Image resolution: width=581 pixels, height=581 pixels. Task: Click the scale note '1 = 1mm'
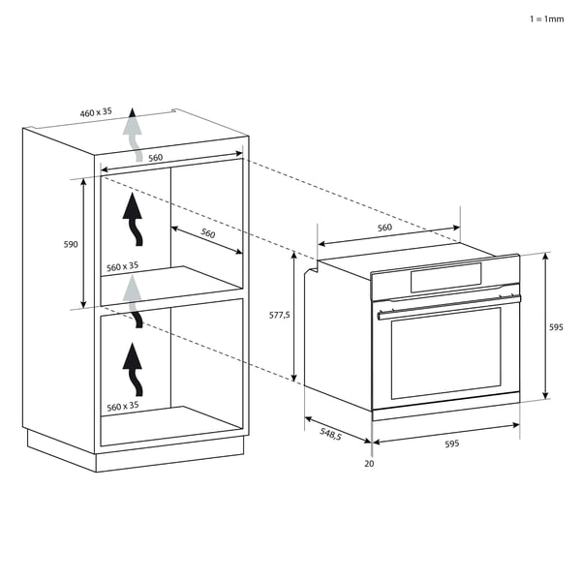coord(546,19)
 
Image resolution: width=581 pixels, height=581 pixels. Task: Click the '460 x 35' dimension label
coord(96,112)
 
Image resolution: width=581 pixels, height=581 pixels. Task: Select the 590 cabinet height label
coord(71,244)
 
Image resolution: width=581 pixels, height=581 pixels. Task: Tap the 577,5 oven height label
coord(280,315)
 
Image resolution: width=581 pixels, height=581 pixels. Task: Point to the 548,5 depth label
coord(330,433)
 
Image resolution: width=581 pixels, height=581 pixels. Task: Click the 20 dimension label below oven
coord(369,464)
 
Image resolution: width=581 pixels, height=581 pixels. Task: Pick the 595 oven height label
coord(556,327)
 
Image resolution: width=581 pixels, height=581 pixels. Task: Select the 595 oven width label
coord(451,443)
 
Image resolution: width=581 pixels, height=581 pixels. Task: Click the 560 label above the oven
coord(384,228)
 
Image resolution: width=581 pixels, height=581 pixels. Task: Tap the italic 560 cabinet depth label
coord(208,233)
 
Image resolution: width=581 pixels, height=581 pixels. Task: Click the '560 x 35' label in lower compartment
coord(123,407)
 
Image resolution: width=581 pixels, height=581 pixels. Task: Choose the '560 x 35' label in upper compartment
coord(122,266)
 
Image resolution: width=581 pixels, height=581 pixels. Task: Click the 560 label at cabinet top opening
coord(156,158)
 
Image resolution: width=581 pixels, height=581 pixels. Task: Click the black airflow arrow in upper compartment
coord(133,219)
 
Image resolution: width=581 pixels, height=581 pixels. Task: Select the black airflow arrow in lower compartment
coord(133,369)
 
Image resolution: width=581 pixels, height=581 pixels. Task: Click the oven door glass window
coord(446,352)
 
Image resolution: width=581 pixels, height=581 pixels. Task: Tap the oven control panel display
coord(445,278)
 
